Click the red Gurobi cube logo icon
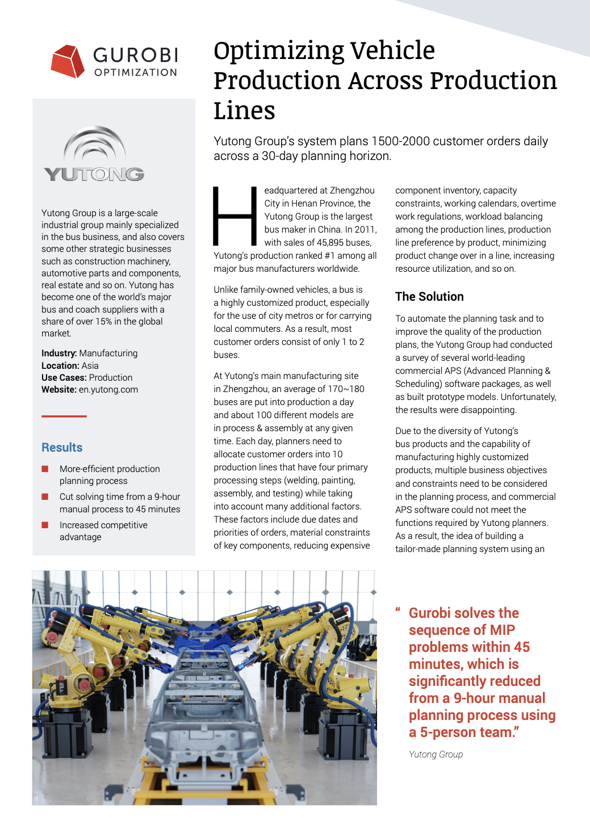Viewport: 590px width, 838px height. point(68,61)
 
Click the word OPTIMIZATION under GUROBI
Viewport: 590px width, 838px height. point(136,73)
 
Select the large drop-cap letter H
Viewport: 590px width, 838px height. point(235,216)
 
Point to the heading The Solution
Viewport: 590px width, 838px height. point(429,297)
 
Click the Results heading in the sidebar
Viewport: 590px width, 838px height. point(62,448)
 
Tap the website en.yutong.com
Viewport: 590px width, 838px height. point(108,390)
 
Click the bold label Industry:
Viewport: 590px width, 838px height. point(59,353)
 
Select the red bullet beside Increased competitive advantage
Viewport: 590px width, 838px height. point(45,525)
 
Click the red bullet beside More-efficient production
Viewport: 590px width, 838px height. point(45,469)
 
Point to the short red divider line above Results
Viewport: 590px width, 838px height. point(64,416)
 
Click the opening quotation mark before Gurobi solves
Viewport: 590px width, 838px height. point(398,610)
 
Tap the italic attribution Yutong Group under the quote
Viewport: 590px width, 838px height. point(436,755)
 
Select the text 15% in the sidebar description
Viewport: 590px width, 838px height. point(103,322)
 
